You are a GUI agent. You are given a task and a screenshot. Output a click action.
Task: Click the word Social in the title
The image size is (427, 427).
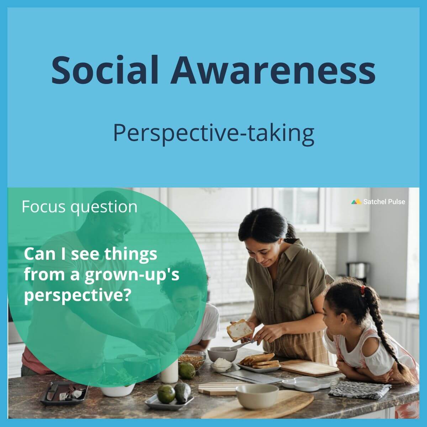(x=105, y=69)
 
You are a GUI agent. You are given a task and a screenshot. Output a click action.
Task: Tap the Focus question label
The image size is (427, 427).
(x=79, y=207)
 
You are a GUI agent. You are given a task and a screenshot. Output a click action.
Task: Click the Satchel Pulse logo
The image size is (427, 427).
(x=378, y=202)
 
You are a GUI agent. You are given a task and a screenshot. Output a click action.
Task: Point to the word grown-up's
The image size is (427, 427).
(x=132, y=275)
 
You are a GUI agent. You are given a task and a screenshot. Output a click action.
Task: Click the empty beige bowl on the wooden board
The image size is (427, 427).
(x=257, y=396)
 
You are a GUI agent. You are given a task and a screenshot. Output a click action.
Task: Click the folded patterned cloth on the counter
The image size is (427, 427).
(x=359, y=389)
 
